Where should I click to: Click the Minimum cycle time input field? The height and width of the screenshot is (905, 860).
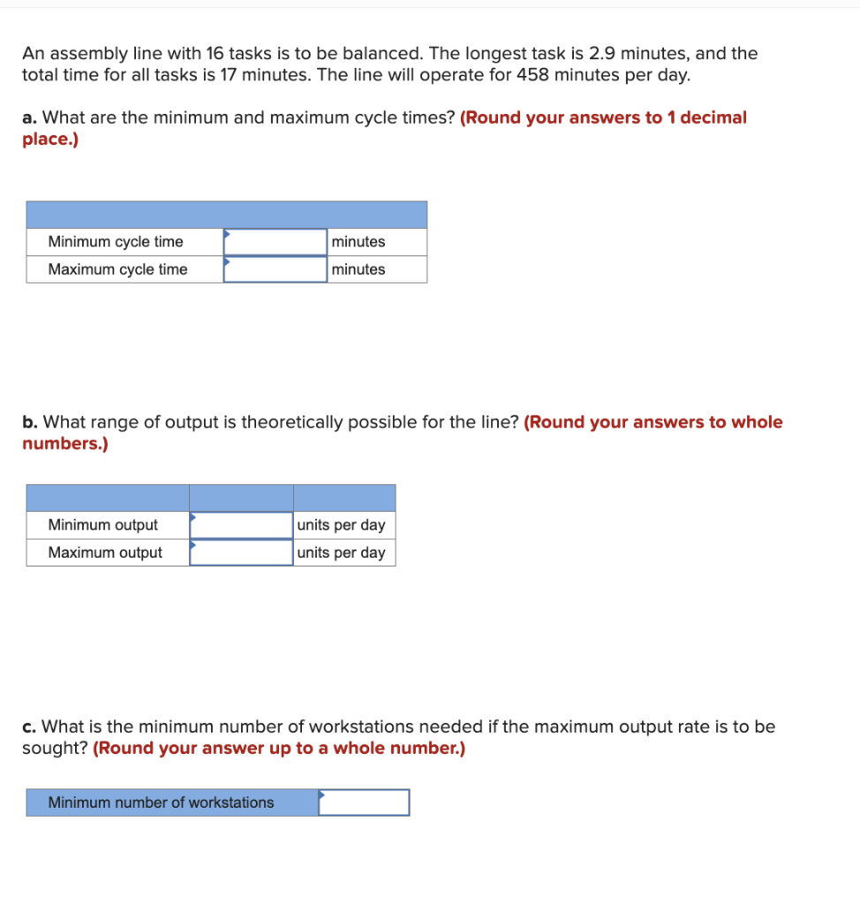[x=275, y=242]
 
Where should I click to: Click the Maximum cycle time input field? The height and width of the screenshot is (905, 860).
[x=275, y=270]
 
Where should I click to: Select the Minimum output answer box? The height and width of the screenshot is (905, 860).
[x=241, y=525]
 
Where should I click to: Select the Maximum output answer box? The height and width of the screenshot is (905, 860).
[x=241, y=552]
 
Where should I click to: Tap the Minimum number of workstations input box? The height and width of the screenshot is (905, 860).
[x=364, y=802]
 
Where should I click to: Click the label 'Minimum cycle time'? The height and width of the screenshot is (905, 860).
[x=116, y=242]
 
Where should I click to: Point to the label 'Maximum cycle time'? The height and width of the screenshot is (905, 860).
[x=117, y=270]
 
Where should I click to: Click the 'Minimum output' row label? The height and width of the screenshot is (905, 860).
[x=103, y=525]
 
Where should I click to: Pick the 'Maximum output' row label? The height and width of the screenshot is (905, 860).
[x=105, y=552]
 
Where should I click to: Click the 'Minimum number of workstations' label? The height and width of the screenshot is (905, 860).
[x=161, y=802]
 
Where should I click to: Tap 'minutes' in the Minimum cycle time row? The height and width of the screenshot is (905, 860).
[x=358, y=242]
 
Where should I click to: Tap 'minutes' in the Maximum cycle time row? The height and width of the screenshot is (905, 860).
[x=358, y=270]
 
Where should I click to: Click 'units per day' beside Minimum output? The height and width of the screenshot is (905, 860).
[x=342, y=525]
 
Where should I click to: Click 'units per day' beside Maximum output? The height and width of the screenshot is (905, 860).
[x=342, y=552]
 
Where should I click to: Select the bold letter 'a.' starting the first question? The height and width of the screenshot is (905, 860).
[x=30, y=118]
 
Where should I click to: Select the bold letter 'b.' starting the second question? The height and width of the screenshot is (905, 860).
[x=30, y=422]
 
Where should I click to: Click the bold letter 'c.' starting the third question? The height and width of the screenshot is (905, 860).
[x=29, y=727]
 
